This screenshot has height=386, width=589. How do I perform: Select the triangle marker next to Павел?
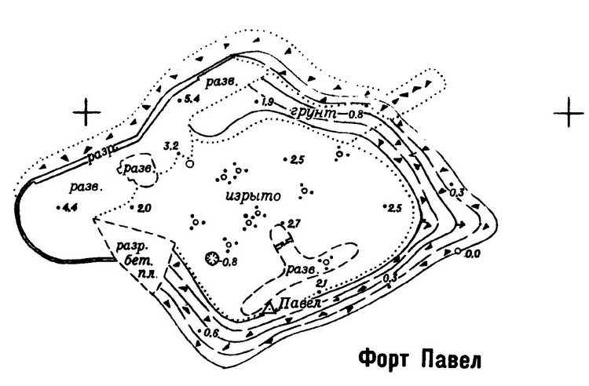pos(269,308)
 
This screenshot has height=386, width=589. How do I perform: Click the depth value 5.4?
pos(192,98)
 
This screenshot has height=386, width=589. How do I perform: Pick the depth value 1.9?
pos(266,103)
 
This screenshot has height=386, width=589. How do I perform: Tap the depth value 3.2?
pos(170,146)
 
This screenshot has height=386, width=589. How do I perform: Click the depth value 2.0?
pos(143,208)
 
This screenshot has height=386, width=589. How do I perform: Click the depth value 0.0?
pos(472,253)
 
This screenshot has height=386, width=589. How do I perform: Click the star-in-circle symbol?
pos(210,258)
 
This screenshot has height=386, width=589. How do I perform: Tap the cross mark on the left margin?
pos(86,112)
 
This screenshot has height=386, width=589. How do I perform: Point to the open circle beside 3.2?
pos(188,164)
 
